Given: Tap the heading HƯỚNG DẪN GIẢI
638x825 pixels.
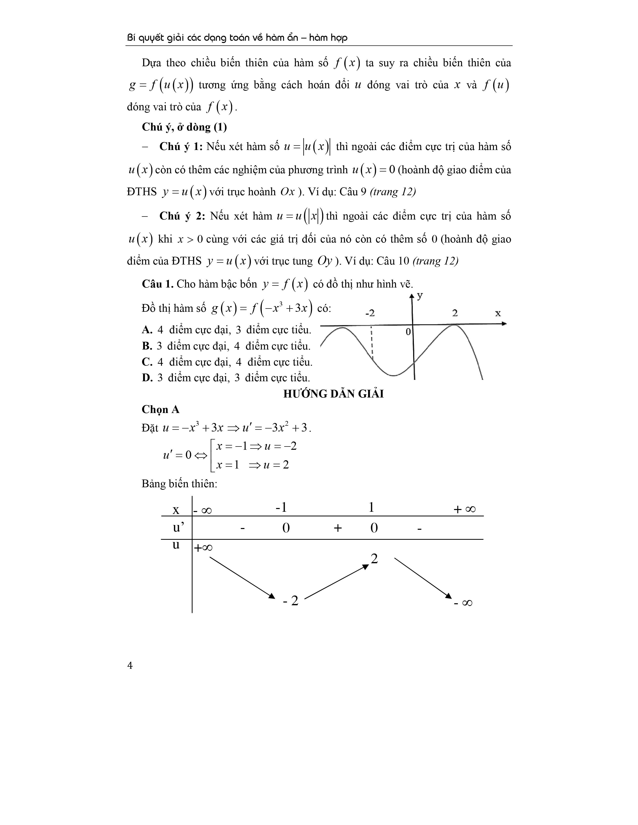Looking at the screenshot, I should pos(333,394).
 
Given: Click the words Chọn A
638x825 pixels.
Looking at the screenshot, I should pos(160,410).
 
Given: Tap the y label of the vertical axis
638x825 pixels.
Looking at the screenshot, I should pos(420,295).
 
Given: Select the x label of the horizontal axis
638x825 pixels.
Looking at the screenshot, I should pos(498,313).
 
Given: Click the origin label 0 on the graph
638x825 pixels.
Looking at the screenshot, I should pos(408,332).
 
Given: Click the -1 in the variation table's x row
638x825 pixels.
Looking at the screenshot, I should pos(281,507).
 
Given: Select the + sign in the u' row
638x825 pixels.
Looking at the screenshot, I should pos(338,528).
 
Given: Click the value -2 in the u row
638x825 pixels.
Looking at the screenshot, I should pos(291,600).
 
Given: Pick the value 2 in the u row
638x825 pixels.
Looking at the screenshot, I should pos(374,559).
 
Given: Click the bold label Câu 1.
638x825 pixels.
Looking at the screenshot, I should pos(157,284).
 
